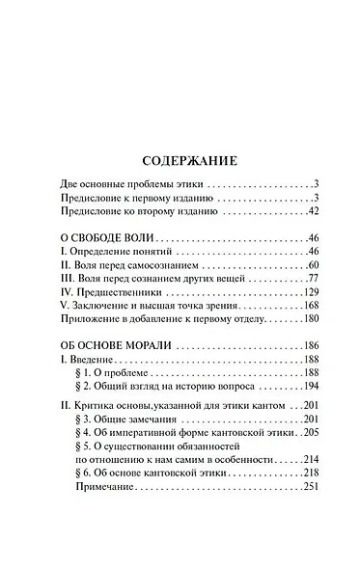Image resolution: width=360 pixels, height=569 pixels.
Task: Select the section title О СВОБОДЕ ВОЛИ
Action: [x=95, y=236]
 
